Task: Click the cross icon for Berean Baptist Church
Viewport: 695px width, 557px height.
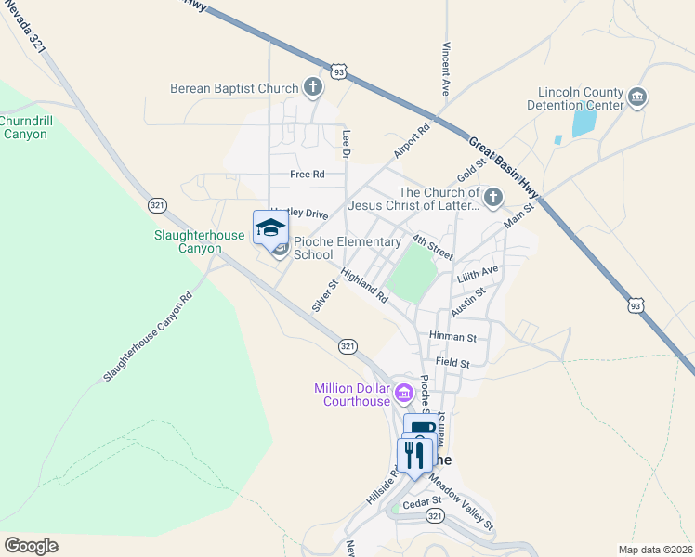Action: point(313,88)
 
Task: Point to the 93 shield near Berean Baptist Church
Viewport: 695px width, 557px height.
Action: point(340,71)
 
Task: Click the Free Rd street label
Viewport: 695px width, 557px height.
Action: point(307,174)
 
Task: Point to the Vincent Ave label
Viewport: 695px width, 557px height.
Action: point(446,71)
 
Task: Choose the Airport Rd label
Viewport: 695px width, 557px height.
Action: point(412,141)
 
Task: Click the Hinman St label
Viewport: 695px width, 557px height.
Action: point(452,336)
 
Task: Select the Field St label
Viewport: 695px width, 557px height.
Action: point(452,363)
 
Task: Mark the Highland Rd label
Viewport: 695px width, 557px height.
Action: point(363,286)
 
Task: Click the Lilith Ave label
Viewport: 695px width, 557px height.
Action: point(478,275)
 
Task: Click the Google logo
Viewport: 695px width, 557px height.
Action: point(31,545)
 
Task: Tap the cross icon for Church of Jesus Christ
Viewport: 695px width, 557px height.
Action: point(492,198)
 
